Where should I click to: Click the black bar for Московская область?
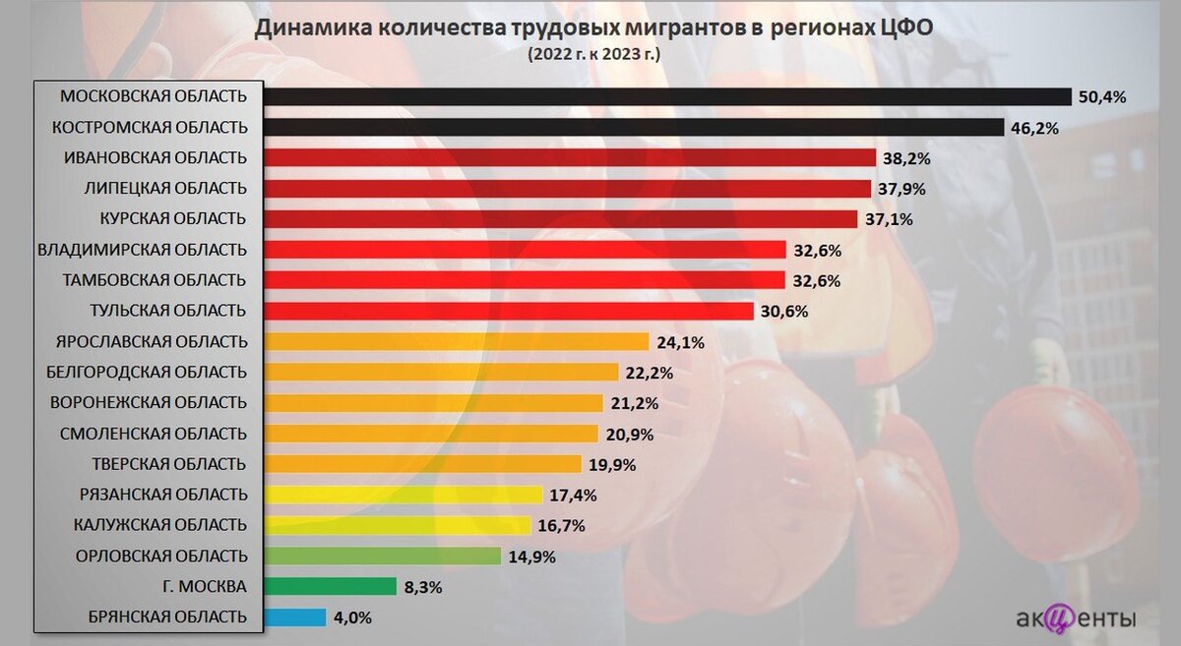666,96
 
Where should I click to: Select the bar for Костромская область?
632,127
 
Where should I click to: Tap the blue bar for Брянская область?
294,617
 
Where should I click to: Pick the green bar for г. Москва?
330,587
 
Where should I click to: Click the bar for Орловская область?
382,557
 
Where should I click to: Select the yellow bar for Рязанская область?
403,495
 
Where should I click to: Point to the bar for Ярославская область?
456,342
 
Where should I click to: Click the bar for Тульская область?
508,311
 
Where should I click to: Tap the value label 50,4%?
1102,96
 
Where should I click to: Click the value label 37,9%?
901,189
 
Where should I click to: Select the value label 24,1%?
679,342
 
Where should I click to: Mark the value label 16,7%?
562,526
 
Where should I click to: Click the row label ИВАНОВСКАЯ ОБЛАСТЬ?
155,157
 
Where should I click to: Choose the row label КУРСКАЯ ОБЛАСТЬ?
173,218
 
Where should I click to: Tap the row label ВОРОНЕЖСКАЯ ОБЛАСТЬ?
148,403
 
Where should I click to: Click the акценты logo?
1076,618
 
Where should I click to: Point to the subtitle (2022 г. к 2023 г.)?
593,53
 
